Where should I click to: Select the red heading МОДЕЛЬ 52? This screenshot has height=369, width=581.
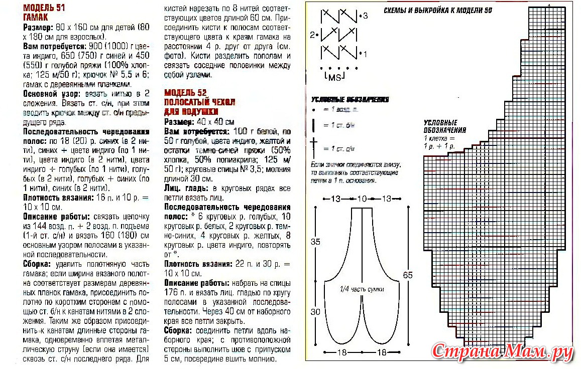point(185,93)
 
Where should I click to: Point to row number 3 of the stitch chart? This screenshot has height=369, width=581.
point(365,16)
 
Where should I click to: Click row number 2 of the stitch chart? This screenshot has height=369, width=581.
point(313,35)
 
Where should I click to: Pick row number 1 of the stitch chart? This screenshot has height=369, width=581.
point(365,54)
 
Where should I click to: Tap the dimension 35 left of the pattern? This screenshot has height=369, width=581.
point(315,242)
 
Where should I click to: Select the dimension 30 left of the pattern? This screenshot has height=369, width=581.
point(315,312)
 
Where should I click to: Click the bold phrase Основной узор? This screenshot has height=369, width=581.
point(49,93)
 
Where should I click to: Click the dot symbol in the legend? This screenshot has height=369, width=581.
point(313,109)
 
